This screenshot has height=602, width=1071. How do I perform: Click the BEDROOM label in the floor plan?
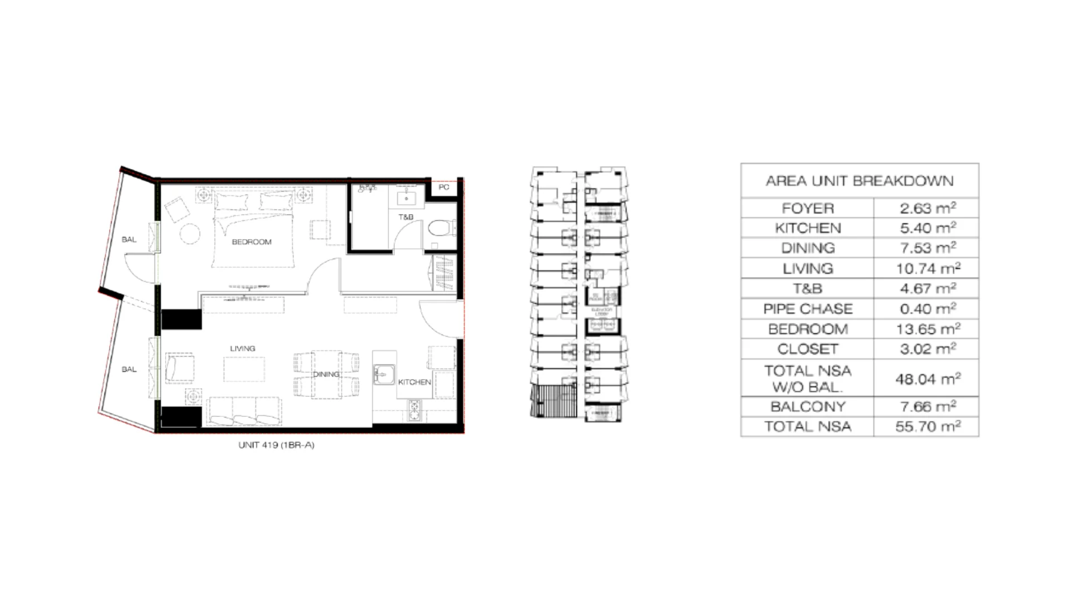coord(252,242)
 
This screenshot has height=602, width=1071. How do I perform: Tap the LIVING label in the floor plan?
coord(243,348)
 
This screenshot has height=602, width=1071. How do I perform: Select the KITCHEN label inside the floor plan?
coord(414,382)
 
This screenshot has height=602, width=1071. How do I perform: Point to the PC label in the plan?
coord(443,187)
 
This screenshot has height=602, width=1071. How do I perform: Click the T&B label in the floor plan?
coord(406,217)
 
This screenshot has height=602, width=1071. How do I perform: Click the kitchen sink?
coord(384,374)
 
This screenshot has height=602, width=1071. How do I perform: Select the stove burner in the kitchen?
coord(414,410)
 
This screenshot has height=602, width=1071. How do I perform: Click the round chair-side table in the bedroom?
coord(190,234)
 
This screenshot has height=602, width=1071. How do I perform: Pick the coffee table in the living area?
coord(244,369)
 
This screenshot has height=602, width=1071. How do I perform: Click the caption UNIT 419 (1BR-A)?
coord(276,445)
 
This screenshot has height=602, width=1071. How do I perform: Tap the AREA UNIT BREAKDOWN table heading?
coord(859,181)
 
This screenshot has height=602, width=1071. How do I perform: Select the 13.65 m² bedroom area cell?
coord(928,329)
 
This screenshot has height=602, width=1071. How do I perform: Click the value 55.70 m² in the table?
coord(928,426)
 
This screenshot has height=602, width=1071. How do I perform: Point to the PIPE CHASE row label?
coord(808,309)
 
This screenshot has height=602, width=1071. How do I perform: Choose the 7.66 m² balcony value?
coord(928,406)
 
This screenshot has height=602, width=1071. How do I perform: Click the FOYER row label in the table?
coord(808,208)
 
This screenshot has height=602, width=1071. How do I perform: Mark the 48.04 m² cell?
coord(928,379)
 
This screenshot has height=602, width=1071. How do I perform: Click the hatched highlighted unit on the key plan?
coord(552,401)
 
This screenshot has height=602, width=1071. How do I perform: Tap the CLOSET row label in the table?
coord(808,349)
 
